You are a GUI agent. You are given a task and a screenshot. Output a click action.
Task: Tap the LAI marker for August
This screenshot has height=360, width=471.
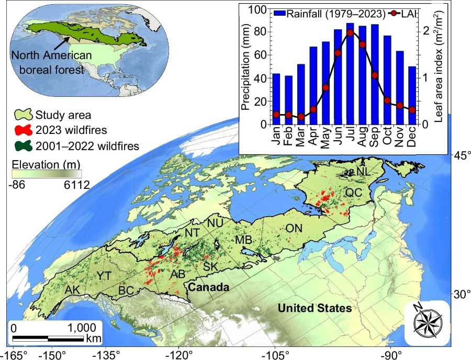[362, 44]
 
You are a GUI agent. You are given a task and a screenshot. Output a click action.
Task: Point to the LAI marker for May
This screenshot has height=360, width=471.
[325, 87]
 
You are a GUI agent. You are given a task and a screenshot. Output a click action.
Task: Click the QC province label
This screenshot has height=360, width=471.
[354, 193]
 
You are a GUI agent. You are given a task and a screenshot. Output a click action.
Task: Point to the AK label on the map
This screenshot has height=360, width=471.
[73, 290]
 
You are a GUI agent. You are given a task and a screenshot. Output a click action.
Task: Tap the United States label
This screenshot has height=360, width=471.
[315, 308]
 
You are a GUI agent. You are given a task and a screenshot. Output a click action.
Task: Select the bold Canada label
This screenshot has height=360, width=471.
[209, 287]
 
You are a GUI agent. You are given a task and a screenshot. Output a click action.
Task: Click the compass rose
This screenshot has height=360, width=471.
[428, 324]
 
